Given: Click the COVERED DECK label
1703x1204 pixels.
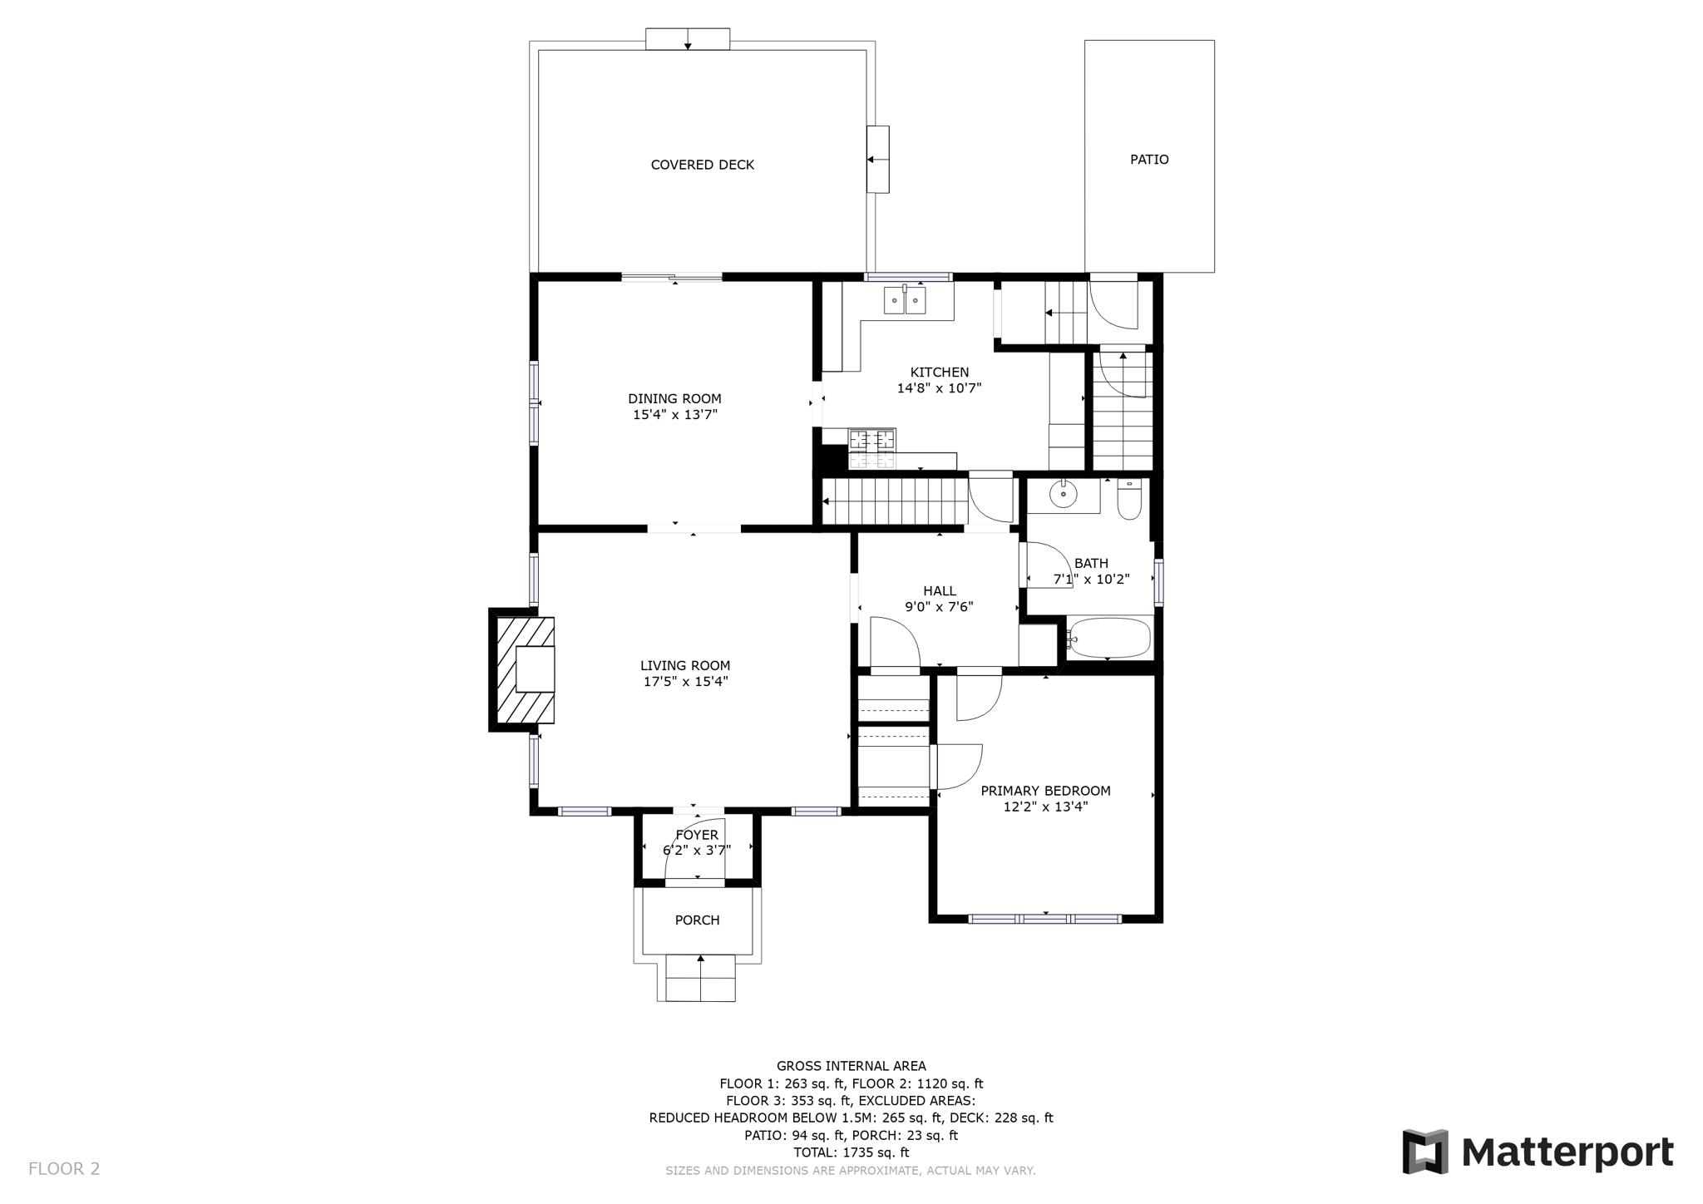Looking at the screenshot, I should coord(702,165).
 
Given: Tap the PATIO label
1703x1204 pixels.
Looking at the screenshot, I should coord(1148,159).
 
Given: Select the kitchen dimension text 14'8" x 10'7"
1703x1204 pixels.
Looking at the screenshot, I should coord(939,387).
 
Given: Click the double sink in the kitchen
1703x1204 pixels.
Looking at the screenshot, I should coord(905,300).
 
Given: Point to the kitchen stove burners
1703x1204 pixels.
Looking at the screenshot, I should coord(872,439).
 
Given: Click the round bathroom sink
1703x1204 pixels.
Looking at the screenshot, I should coord(1063,495).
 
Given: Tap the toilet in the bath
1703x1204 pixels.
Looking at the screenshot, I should coord(1128,500).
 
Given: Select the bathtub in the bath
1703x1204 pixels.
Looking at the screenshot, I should coord(1109,639).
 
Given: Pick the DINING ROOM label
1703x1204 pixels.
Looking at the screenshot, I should coord(674,398).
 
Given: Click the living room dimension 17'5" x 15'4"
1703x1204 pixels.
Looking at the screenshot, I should coord(685,681).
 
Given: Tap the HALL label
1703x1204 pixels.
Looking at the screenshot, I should coord(939,591).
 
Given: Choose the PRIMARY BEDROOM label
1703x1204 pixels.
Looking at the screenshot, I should coord(1045,791).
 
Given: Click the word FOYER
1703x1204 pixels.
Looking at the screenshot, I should coord(697,835).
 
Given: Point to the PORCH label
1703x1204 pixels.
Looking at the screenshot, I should coord(697,920).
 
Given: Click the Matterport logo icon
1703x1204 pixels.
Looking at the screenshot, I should coord(1424,1152).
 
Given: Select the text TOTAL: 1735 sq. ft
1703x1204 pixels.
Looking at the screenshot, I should coord(851,1152).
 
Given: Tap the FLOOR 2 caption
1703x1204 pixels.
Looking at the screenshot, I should coord(64,1168).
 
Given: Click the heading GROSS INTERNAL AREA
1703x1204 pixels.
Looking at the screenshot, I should coord(851,1066).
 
